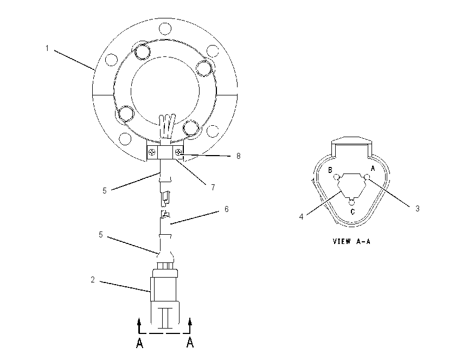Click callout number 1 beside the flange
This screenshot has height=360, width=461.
pyautogui.click(x=47, y=48)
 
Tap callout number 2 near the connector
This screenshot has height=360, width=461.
pyautogui.click(x=93, y=280)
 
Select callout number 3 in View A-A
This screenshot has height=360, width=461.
pyautogui.click(x=417, y=209)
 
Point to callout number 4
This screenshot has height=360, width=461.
pyautogui.click(x=301, y=217)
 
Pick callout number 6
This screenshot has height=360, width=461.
pyautogui.click(x=226, y=209)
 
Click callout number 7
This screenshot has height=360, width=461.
pyautogui.click(x=213, y=187)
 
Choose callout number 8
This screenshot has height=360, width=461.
pyautogui.click(x=239, y=156)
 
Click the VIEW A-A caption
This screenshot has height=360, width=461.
pyautogui.click(x=351, y=241)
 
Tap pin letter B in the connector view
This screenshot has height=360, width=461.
pyautogui.click(x=330, y=170)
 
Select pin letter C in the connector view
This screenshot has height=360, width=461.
pyautogui.click(x=353, y=211)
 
